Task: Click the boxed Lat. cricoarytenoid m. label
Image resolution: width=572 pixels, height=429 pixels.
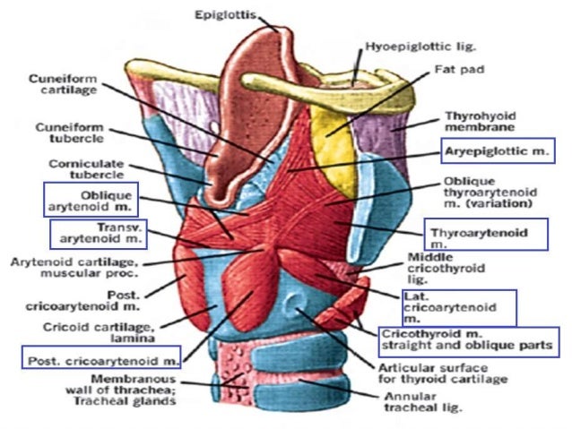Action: (456, 306)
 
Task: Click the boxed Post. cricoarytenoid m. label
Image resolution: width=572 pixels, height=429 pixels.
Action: (100, 360)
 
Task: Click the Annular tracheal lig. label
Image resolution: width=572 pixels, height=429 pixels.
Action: (422, 400)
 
